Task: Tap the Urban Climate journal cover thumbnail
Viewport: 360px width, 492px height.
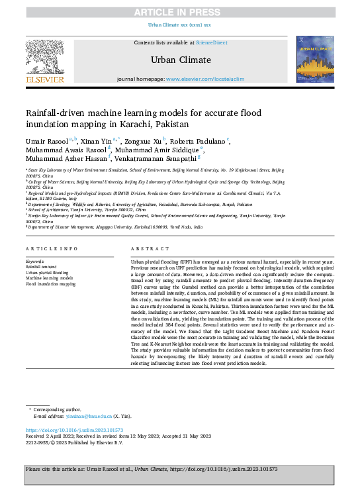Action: tap(315, 59)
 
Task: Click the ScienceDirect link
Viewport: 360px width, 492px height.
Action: tap(211, 42)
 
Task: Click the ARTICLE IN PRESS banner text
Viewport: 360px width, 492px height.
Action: tap(179, 13)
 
